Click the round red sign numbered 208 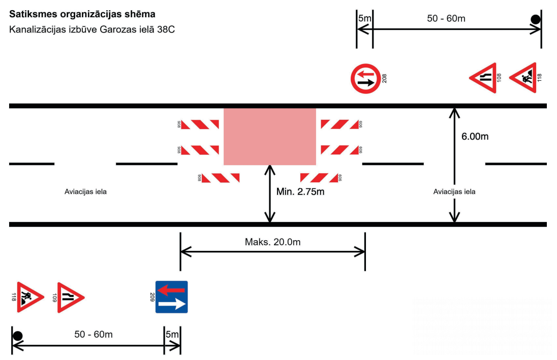tap(365, 79)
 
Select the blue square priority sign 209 tap(172, 297)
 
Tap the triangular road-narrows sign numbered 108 tap(484, 78)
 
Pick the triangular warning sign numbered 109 tap(70, 298)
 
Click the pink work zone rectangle tap(270, 137)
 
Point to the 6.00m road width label tap(475, 136)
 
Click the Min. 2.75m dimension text tap(300, 192)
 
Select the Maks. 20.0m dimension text tap(272, 242)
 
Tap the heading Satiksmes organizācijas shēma tap(82, 14)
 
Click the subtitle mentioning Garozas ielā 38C tap(92, 29)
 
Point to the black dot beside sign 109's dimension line tap(18, 336)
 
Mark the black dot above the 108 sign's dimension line tap(536, 19)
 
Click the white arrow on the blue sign tap(172, 304)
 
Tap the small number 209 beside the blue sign tap(152, 297)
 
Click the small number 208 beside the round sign tap(384, 79)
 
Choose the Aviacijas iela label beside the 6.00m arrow tap(454, 192)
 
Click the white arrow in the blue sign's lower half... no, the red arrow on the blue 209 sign tap(171, 290)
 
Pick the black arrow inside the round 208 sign tap(366, 83)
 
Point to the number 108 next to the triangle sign tap(499, 78)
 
